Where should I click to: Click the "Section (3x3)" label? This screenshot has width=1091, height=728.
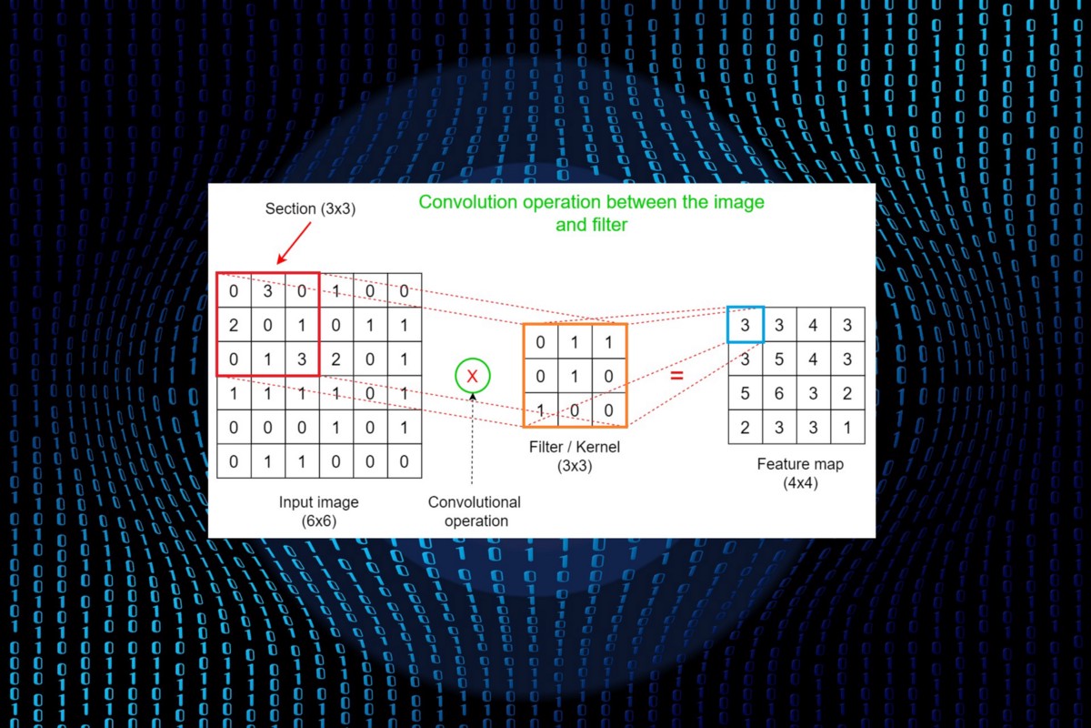click(310, 208)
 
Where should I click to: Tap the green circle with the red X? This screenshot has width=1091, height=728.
click(473, 375)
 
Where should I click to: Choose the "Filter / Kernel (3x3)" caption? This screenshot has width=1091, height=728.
click(574, 456)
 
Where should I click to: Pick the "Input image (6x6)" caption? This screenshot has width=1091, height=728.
click(318, 511)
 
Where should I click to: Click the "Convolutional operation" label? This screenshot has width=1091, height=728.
click(475, 511)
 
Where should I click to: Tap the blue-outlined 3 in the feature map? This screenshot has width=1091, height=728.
click(746, 325)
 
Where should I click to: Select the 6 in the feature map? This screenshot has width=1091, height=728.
click(779, 393)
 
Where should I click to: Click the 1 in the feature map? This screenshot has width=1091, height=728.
click(847, 427)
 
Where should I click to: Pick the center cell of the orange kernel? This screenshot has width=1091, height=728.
click(575, 376)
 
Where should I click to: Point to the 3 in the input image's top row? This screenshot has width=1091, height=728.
click(268, 291)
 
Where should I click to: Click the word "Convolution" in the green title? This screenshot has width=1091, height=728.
click(465, 201)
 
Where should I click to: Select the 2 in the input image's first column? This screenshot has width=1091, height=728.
click(234, 325)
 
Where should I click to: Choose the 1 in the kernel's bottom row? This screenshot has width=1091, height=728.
click(540, 410)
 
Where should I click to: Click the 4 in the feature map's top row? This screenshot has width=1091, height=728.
click(813, 325)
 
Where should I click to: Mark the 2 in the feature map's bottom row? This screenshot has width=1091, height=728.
click(746, 427)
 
